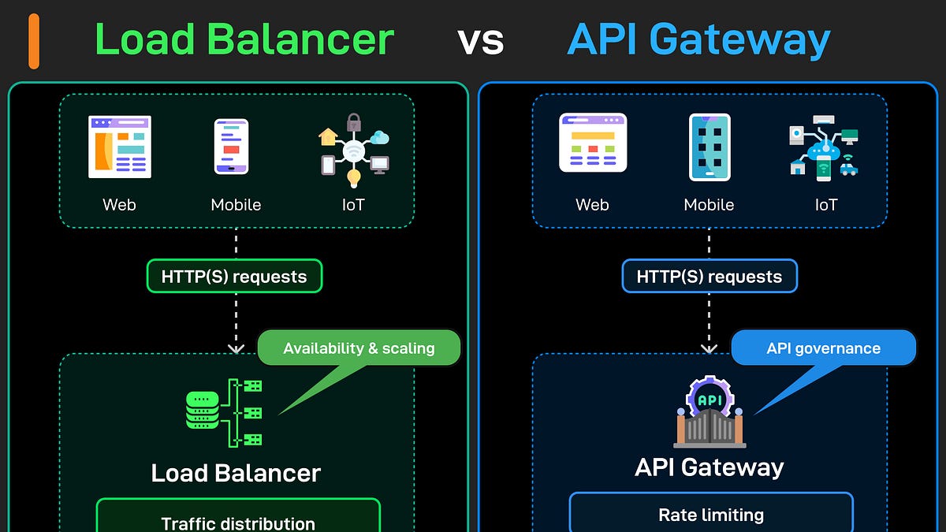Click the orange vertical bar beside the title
(x=33, y=41)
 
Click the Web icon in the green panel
(x=119, y=147)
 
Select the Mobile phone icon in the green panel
(x=232, y=147)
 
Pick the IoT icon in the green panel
(x=354, y=147)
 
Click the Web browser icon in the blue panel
(x=593, y=143)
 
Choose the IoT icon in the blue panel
(x=823, y=147)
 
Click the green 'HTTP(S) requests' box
(x=234, y=277)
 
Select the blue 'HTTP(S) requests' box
(x=709, y=277)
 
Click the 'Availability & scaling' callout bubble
(x=359, y=348)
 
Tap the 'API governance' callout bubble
(x=824, y=348)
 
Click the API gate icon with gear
(x=710, y=412)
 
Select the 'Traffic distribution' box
(x=238, y=520)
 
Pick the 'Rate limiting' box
(x=711, y=514)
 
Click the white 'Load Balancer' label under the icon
(x=236, y=473)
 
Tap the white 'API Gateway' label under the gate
(x=709, y=467)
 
